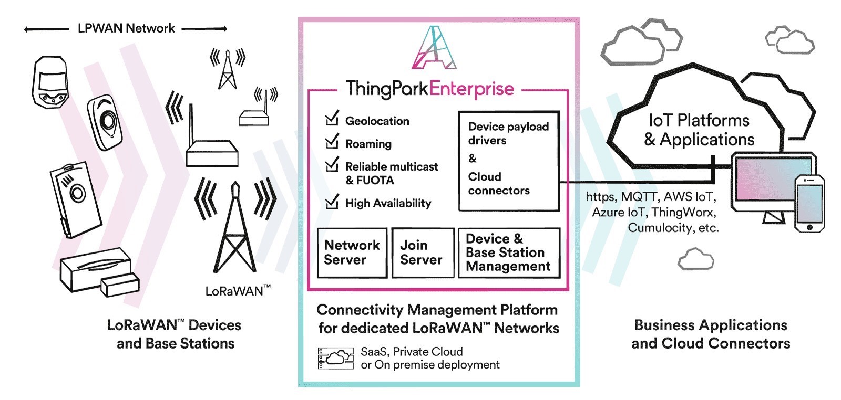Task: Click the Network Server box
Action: click(x=352, y=252)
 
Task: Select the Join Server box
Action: click(x=423, y=252)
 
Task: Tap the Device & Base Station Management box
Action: click(x=509, y=252)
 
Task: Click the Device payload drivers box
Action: click(x=508, y=161)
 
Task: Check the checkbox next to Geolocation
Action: click(x=332, y=119)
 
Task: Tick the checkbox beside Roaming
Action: click(x=332, y=142)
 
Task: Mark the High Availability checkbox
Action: click(x=332, y=202)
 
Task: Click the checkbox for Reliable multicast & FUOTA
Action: click(x=332, y=165)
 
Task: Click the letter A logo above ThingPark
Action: click(x=434, y=48)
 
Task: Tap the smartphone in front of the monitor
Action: click(x=809, y=203)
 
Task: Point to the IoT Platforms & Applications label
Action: click(x=699, y=130)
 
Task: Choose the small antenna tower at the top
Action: click(x=228, y=69)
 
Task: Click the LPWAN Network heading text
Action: click(x=126, y=29)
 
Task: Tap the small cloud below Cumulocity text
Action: click(x=695, y=259)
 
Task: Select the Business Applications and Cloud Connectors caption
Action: click(x=711, y=334)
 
